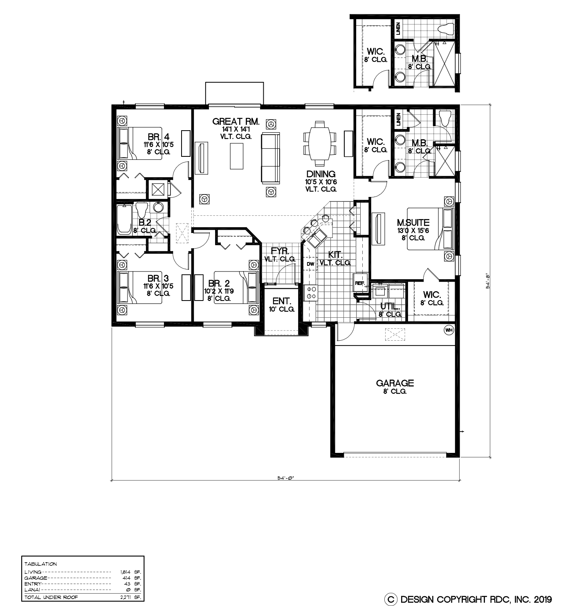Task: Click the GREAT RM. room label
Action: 236,122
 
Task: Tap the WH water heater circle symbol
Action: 449,330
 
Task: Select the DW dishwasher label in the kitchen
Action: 310,264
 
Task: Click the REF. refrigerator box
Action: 360,283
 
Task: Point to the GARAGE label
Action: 395,383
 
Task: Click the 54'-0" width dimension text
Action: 285,478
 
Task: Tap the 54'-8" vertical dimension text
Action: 487,281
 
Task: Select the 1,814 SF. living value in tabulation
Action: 130,572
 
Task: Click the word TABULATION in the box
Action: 40,564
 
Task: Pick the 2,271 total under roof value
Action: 130,597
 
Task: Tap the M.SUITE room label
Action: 413,222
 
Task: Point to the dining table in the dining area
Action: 320,143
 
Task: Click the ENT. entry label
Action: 281,301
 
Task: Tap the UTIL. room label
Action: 390,306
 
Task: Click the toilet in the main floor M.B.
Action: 445,118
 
